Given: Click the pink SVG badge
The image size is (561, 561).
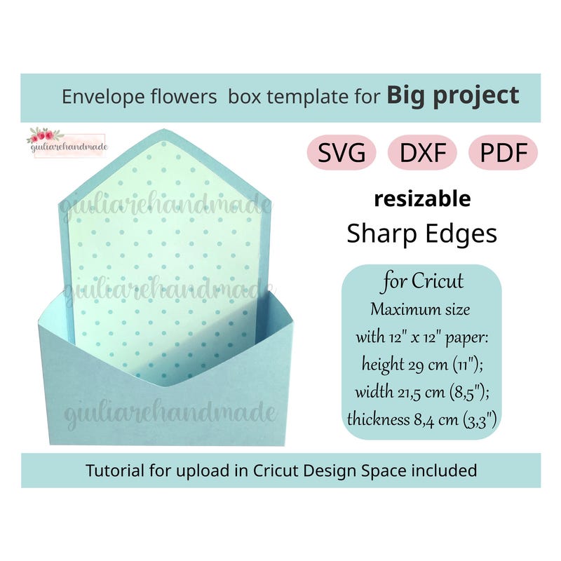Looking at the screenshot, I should pos(341,153).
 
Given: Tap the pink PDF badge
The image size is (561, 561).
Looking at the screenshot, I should pos(503,153).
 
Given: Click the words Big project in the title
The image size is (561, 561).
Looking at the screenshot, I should pos(453,95).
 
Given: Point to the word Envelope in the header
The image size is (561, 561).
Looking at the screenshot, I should pos(104,97).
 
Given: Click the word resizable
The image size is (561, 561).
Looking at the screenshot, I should pos(422,199).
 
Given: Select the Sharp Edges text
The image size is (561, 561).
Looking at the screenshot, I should pos(422,234).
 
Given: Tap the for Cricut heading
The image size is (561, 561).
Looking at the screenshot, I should pos(422,282).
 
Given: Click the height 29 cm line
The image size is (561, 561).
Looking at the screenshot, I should pos(422,364).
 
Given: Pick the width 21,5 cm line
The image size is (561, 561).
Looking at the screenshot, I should pos(422,391).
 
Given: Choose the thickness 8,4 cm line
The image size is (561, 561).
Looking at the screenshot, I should pos(422,419).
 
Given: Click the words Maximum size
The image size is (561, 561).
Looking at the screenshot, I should pos(422,309).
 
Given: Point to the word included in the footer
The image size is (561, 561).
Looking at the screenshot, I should pos(448,470).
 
